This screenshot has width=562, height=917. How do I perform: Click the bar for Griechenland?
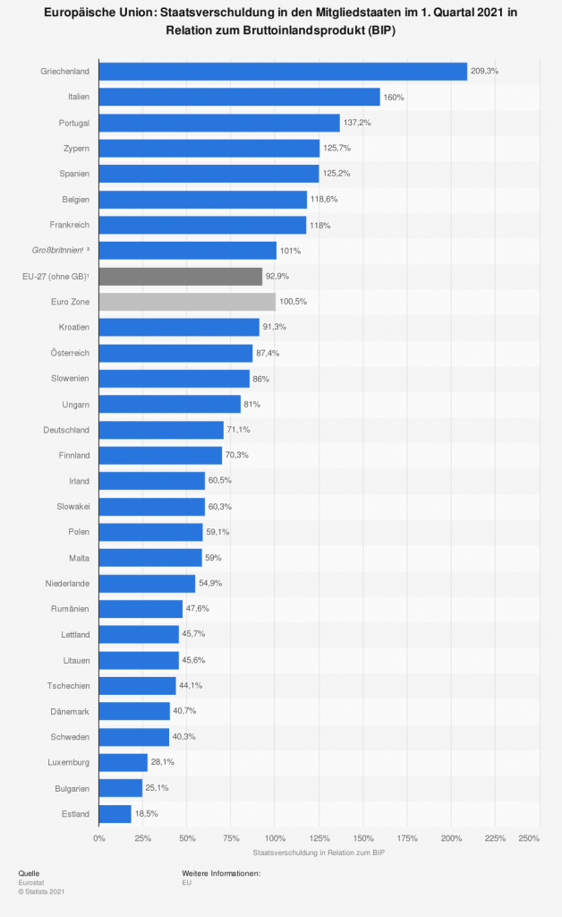(283, 72)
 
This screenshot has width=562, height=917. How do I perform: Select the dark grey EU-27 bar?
(181, 277)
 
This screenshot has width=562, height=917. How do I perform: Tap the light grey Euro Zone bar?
(187, 302)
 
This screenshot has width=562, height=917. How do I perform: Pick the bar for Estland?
(115, 814)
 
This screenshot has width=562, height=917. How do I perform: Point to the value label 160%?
(395, 97)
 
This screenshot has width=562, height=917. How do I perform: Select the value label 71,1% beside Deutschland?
(239, 431)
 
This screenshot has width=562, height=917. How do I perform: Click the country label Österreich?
(68, 354)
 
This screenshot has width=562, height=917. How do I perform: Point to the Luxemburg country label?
(68, 763)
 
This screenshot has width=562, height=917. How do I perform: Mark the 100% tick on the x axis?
(276, 838)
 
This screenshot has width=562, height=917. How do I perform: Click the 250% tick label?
(529, 838)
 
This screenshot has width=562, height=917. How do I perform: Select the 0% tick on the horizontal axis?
(99, 838)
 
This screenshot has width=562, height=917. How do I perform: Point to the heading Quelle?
(29, 872)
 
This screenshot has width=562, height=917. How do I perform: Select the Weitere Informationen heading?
(221, 872)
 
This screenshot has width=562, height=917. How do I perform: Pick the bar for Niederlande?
(148, 584)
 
